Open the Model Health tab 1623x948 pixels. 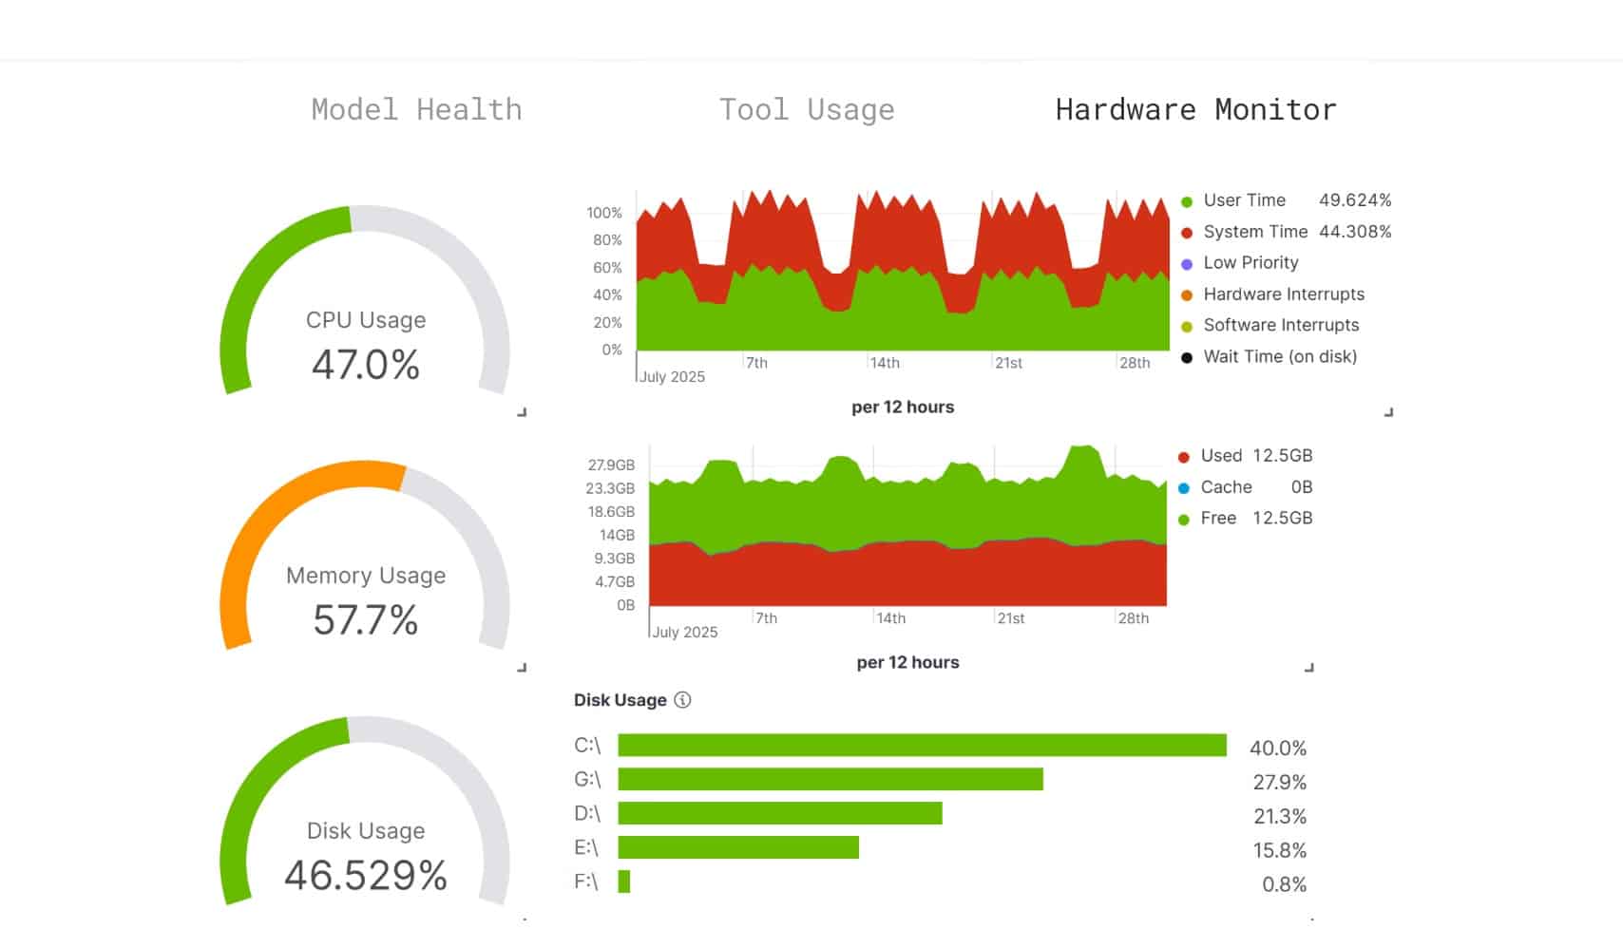click(x=416, y=110)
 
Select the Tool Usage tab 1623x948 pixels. click(x=807, y=110)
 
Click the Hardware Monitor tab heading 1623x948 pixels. click(x=1195, y=110)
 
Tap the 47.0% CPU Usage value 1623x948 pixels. click(x=366, y=364)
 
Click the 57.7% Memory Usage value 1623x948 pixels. click(x=366, y=620)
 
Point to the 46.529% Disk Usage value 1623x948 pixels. click(x=366, y=875)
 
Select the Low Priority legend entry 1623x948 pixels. click(x=1239, y=263)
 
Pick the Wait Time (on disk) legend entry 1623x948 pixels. click(x=1269, y=356)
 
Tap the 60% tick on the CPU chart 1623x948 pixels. click(x=607, y=268)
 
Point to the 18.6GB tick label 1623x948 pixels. click(x=611, y=512)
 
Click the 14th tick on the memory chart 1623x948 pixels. click(x=890, y=618)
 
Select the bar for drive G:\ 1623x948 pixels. click(x=831, y=779)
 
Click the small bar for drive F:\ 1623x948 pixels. click(x=624, y=882)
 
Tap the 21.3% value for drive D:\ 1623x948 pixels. click(x=1280, y=816)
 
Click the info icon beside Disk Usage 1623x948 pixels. click(x=682, y=700)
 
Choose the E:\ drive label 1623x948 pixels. click(x=586, y=847)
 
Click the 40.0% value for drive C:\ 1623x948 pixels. click(x=1278, y=749)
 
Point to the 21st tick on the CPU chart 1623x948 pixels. click(x=1008, y=363)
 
